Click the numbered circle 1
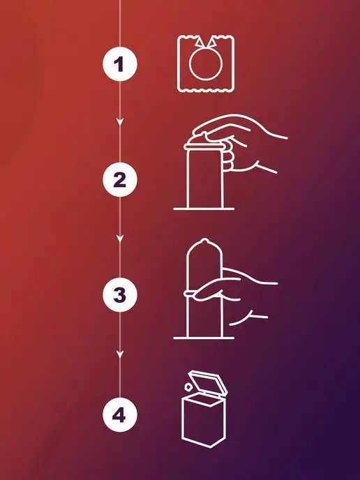pyautogui.click(x=120, y=64)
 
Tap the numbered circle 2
pyautogui.click(x=120, y=180)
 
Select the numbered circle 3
pyautogui.click(x=120, y=294)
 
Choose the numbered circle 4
pyautogui.click(x=120, y=415)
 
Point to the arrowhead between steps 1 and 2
pyautogui.click(x=120, y=122)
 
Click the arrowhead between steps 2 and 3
pyautogui.click(x=120, y=239)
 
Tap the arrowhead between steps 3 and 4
pyautogui.click(x=120, y=354)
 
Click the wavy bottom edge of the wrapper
pyautogui.click(x=206, y=90)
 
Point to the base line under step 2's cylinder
pyautogui.click(x=204, y=209)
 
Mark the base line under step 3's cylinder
pyautogui.click(x=204, y=338)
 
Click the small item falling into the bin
pyautogui.click(x=188, y=387)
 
